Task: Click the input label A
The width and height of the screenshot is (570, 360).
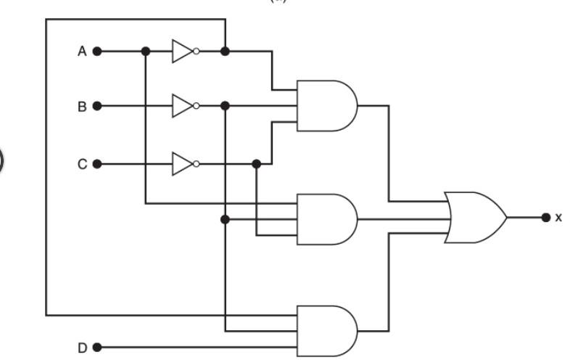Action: pyautogui.click(x=83, y=52)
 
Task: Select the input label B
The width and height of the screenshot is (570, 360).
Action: pyautogui.click(x=83, y=107)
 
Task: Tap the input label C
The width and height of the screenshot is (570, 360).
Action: pyautogui.click(x=83, y=164)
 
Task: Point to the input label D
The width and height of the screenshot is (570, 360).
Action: pyautogui.click(x=83, y=348)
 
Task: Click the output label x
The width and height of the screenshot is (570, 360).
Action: pyautogui.click(x=558, y=217)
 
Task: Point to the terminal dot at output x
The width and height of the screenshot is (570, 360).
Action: pyautogui.click(x=545, y=217)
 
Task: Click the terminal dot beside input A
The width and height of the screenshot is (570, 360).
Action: pyautogui.click(x=97, y=52)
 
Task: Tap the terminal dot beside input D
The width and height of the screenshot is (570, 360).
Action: pyautogui.click(x=97, y=348)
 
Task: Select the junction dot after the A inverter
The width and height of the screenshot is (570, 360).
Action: pyautogui.click(x=225, y=52)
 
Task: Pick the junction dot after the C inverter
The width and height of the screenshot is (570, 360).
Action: pyautogui.click(x=256, y=164)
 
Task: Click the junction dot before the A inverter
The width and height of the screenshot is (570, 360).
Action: pyautogui.click(x=146, y=52)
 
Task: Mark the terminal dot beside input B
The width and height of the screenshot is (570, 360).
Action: pyautogui.click(x=97, y=107)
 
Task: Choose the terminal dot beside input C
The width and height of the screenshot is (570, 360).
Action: pyautogui.click(x=97, y=164)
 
